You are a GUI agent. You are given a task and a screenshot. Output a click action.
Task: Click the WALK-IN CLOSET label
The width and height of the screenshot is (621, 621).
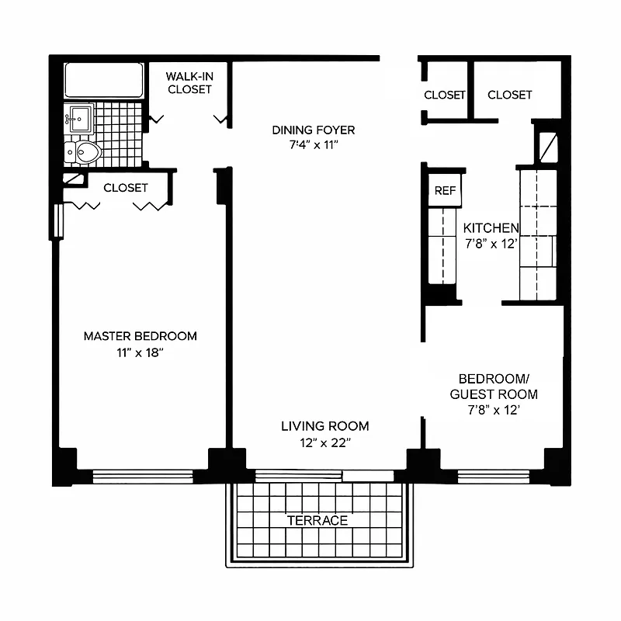189,83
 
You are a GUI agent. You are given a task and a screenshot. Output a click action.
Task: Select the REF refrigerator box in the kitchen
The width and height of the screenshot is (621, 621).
445,190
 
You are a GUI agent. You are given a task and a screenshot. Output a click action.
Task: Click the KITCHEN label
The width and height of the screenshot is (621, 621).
491,228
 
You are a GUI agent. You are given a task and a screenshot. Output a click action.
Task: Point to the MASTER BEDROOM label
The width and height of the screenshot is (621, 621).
141,336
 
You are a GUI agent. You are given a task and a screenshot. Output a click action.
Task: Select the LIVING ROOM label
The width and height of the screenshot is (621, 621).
324,426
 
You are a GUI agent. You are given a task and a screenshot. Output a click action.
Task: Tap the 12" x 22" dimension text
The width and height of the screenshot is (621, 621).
324,442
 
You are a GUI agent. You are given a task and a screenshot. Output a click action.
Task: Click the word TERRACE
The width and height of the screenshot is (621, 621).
317,520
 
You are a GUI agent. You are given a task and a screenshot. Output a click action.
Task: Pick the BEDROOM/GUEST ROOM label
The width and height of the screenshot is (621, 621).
494,386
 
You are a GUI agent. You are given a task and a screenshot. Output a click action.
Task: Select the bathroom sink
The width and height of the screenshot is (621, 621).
78,120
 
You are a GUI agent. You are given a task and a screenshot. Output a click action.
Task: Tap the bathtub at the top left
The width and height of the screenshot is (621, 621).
104,80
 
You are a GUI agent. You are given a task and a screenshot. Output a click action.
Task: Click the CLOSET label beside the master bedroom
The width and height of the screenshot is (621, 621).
126,188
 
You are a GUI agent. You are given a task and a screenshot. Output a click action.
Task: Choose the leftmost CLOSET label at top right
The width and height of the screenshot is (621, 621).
444,95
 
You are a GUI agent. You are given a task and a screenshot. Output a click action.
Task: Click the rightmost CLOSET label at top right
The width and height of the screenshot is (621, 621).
510,95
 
